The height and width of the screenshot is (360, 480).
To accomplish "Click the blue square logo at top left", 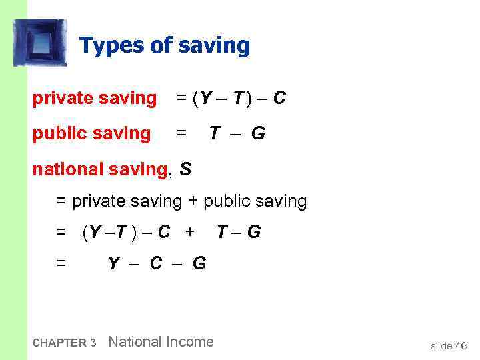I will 40,43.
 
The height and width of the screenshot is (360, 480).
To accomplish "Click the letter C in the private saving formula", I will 279,99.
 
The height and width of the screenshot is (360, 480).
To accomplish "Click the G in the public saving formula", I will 258,133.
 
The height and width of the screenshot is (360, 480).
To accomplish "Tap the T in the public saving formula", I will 215,133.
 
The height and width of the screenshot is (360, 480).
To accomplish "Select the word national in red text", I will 65,169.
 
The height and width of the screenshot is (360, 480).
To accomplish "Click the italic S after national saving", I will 185,169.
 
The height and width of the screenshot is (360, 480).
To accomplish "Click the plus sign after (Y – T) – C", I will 190,232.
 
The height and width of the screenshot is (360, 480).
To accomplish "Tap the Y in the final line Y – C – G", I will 114,263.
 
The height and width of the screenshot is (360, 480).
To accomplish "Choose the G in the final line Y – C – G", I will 199,263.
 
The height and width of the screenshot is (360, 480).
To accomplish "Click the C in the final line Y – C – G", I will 156,263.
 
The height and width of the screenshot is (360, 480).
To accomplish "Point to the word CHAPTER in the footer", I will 59,343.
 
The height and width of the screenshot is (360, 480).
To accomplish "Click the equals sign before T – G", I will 181,133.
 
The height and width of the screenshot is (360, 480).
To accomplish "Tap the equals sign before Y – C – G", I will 61,263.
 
